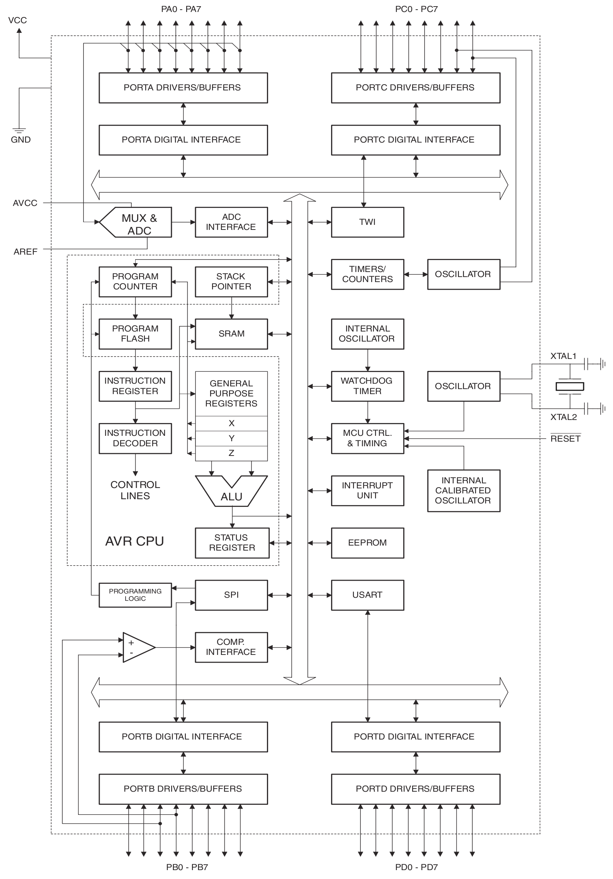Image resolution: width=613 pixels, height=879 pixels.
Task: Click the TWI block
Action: pyautogui.click(x=367, y=222)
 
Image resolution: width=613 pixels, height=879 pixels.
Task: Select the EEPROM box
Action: pyautogui.click(x=367, y=543)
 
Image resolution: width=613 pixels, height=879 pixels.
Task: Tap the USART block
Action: pyautogui.click(x=367, y=595)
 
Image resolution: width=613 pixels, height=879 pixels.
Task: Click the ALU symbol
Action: pyautogui.click(x=231, y=493)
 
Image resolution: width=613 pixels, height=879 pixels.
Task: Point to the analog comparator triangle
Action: pyautogui.click(x=137, y=647)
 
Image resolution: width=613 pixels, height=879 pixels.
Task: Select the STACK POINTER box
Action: pyautogui.click(x=231, y=282)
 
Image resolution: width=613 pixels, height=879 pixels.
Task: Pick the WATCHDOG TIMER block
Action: pyautogui.click(x=367, y=386)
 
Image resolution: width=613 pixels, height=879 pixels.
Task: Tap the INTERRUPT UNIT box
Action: pyautogui.click(x=367, y=491)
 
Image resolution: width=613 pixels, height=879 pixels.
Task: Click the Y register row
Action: pyautogui.click(x=231, y=438)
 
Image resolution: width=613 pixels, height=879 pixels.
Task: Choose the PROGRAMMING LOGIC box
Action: pyautogui.click(x=135, y=595)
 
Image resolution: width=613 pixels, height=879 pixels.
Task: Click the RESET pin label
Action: pyautogui.click(x=565, y=439)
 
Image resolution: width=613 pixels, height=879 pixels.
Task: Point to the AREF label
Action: pyautogui.click(x=25, y=252)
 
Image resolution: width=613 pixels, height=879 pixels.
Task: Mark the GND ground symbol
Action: pyautogui.click(x=19, y=131)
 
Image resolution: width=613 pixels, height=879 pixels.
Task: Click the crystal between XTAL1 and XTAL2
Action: pyautogui.click(x=569, y=386)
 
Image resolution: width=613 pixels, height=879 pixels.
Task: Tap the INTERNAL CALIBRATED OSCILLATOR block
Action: pyautogui.click(x=464, y=491)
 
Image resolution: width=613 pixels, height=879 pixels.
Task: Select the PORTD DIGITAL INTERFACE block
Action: pyautogui.click(x=415, y=736)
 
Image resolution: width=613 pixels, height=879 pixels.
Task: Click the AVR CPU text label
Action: pyautogui.click(x=134, y=541)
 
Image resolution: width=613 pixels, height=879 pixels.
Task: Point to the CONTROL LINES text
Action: pyautogui.click(x=135, y=490)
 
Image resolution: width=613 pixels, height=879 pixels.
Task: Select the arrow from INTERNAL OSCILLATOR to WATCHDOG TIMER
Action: pyautogui.click(x=367, y=360)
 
